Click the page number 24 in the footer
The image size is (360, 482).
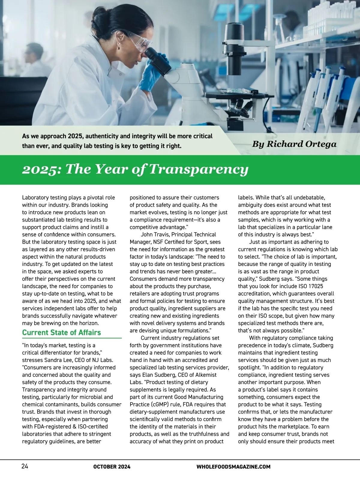[25, 466]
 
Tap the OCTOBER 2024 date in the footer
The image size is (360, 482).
[112, 467]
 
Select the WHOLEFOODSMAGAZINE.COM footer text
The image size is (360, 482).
[233, 467]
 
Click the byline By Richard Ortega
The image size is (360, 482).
[294, 144]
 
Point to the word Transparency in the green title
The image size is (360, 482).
[199, 169]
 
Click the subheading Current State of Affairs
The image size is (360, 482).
[61, 333]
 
